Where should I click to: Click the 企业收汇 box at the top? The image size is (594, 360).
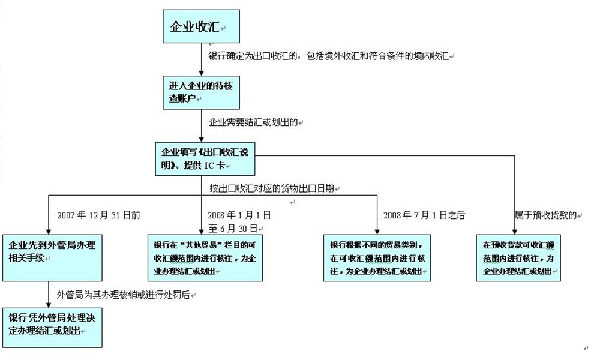point(201,26)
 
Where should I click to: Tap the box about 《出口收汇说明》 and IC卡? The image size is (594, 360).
point(201,157)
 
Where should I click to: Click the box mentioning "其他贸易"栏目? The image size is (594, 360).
point(205,257)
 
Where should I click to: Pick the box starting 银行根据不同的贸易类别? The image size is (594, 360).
point(377,257)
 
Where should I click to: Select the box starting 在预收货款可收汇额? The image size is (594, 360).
point(518,257)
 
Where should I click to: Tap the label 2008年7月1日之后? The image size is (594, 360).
point(424,214)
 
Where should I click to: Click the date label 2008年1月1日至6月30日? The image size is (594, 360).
point(239,221)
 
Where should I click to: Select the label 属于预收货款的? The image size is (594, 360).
point(545,214)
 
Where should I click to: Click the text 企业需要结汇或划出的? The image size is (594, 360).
point(253,122)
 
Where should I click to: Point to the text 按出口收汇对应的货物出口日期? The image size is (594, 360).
point(272,188)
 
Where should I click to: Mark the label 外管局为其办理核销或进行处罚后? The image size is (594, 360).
point(122,295)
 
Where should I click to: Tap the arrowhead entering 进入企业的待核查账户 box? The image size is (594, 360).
point(202,73)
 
